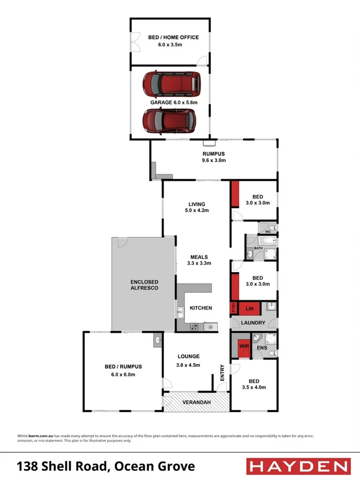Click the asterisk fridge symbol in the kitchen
coord(211,326)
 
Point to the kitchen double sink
coord(180,314)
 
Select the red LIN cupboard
coord(249,308)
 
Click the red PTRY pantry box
coord(233,308)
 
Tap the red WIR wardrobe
coord(243,346)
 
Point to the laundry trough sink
coord(271,307)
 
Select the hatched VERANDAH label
coord(196,402)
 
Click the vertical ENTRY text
coord(222,372)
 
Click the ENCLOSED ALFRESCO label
coord(145,285)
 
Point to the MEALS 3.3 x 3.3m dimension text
coord(199,263)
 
